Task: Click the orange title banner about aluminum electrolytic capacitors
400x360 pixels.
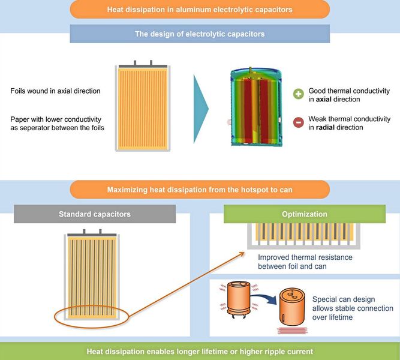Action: coord(200,10)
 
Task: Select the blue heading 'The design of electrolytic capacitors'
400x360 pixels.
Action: coord(200,34)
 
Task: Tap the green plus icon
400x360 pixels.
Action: coord(298,95)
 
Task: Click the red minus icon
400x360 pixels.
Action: coord(298,123)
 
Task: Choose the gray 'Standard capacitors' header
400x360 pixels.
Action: coord(95,214)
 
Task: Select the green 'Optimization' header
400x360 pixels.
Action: coord(305,214)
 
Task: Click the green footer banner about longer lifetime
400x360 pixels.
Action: coord(200,351)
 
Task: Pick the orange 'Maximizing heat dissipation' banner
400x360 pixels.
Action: coord(200,190)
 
